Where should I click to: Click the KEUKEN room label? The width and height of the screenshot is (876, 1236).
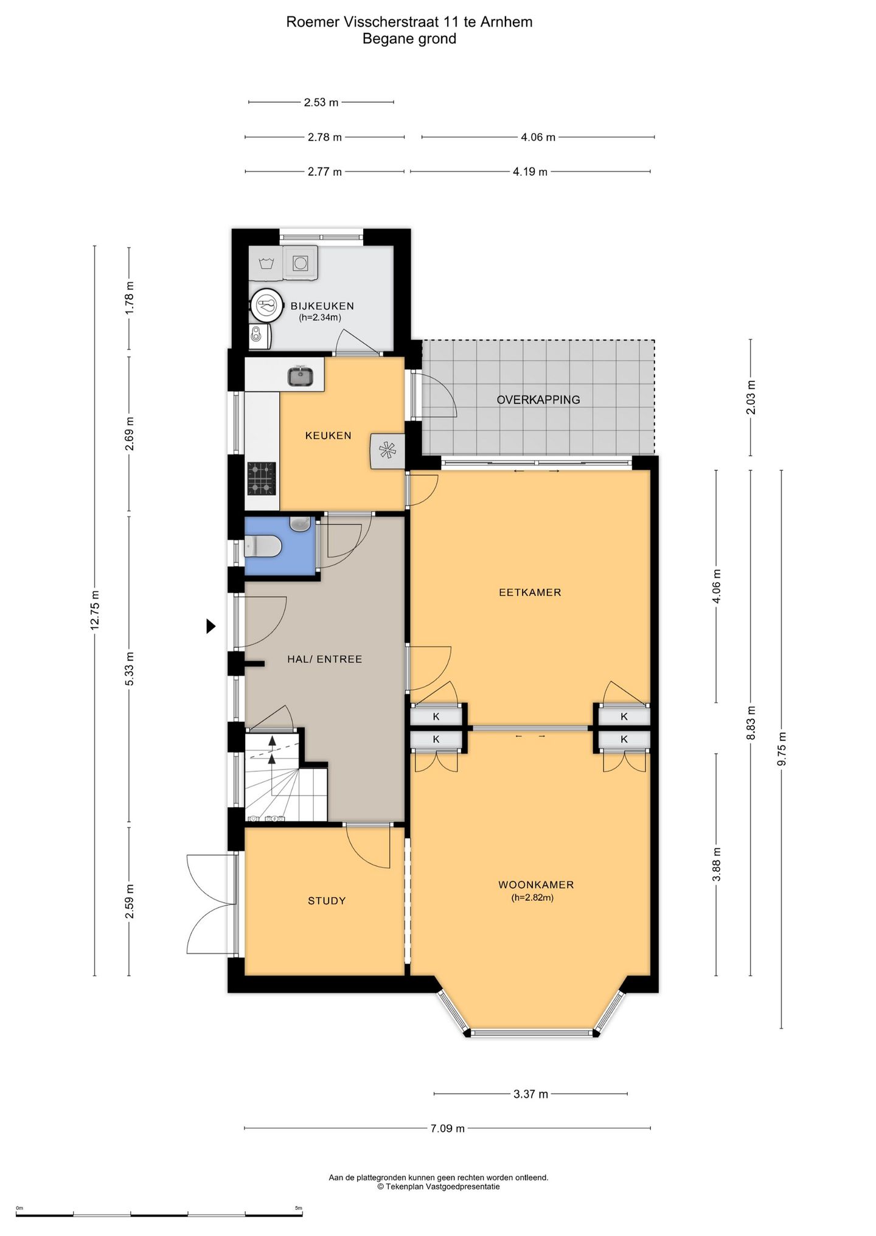click(x=328, y=436)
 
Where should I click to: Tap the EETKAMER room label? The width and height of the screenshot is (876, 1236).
click(x=530, y=592)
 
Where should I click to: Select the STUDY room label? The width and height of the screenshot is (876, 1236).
click(x=327, y=901)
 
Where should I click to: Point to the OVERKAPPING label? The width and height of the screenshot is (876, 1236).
click(x=538, y=400)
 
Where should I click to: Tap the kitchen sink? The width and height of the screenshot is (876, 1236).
click(x=300, y=377)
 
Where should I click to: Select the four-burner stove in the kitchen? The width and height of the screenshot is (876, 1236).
click(x=262, y=479)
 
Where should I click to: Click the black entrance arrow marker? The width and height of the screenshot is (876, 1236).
click(x=211, y=626)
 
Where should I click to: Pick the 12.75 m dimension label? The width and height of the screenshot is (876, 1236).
click(x=95, y=611)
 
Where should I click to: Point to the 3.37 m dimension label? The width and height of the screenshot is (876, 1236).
click(x=531, y=1094)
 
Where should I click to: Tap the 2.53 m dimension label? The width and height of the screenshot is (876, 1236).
click(x=321, y=103)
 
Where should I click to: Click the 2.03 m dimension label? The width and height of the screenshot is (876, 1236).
click(x=751, y=397)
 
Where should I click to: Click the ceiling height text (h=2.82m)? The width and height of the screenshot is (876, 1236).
click(x=533, y=897)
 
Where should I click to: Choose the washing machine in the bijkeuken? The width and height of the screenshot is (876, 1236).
click(x=300, y=263)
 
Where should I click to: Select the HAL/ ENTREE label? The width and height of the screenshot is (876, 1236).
click(x=324, y=659)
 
